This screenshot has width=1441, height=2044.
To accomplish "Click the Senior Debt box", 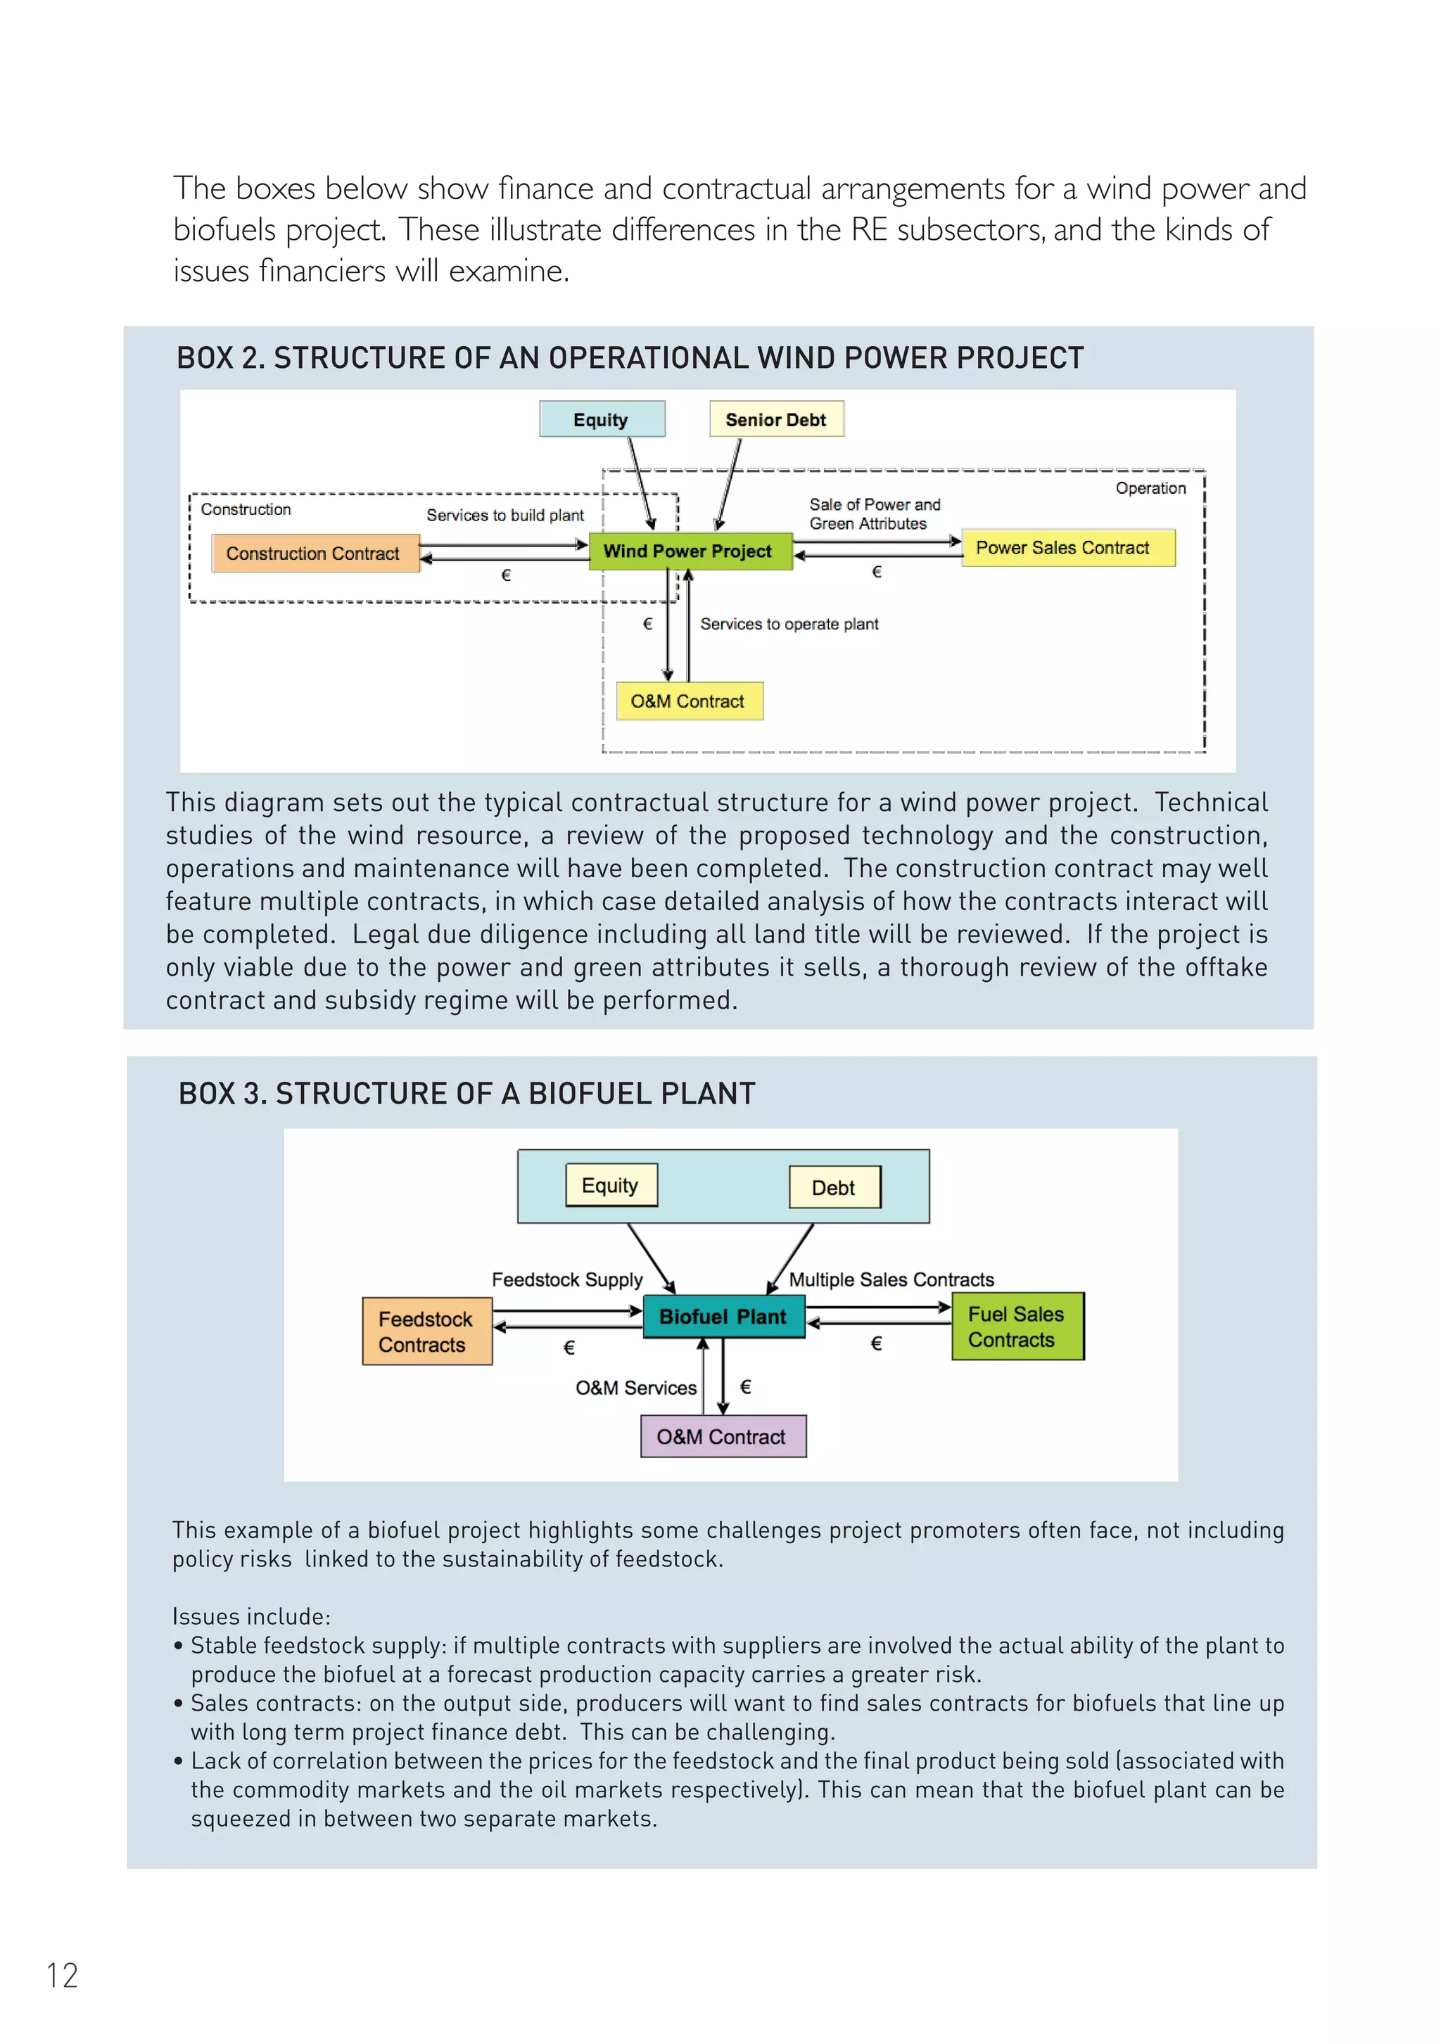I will (775, 419).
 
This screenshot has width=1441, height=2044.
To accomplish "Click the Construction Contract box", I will (315, 554).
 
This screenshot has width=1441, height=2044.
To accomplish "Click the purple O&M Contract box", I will (723, 1437).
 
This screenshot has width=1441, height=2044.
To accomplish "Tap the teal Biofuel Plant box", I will (723, 1317).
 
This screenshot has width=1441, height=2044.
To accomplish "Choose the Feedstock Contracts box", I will (426, 1331).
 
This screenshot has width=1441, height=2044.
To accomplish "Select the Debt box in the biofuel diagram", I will (834, 1187).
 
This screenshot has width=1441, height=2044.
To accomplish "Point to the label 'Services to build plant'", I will (505, 516).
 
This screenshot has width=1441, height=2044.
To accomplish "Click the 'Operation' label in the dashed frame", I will (1150, 489).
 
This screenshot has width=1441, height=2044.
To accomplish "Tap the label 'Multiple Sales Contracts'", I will (891, 1280).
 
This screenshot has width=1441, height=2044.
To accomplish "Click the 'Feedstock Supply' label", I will (567, 1280).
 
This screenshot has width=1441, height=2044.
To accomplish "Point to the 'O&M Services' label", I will (636, 1388).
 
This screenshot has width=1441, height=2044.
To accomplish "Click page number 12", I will (63, 1976).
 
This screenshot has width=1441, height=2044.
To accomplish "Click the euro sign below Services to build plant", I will (506, 576).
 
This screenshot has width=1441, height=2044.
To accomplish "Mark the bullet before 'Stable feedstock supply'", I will (179, 1645).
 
